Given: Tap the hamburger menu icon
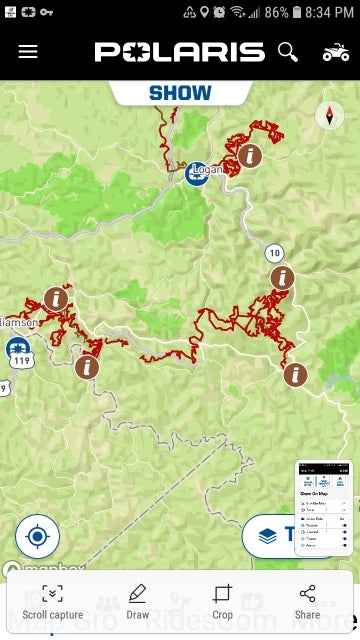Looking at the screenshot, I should coord(28,51).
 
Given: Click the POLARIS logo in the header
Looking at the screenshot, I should coord(180,52).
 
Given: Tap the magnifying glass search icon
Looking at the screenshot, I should coord(288,51).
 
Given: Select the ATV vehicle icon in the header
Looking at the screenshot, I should coord(336,51).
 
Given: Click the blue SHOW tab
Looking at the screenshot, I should coord(180,93).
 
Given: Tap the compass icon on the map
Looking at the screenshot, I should coord(329,115).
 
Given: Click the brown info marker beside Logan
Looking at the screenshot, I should coord(250,156).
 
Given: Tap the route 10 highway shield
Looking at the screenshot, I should coord(274,252).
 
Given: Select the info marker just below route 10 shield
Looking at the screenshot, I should coord(283,278).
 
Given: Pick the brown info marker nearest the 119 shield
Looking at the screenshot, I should coord(87,367).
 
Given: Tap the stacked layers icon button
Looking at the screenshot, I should coord(267,536).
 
